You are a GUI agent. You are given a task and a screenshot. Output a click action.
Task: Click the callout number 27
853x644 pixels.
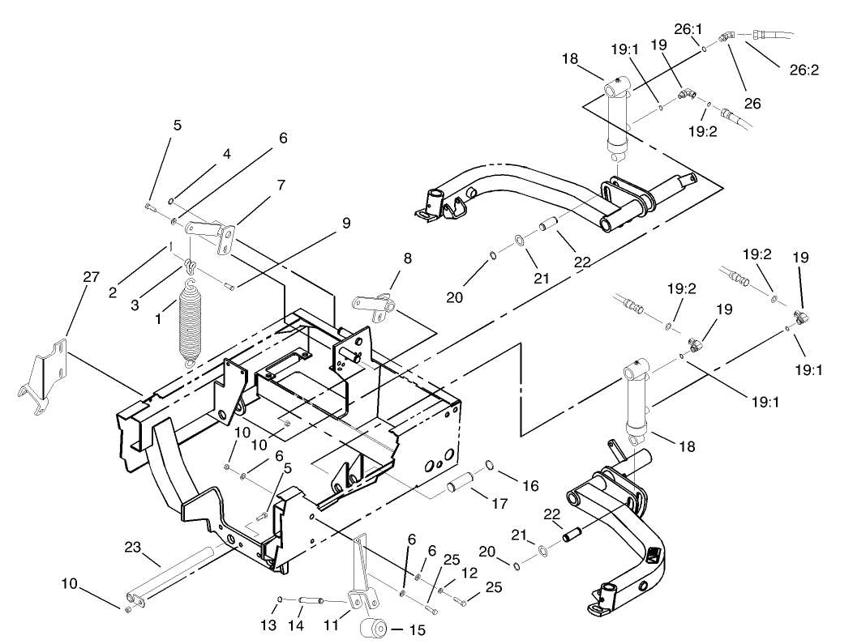click(91, 277)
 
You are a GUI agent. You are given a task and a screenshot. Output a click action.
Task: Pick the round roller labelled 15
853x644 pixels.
click(375, 629)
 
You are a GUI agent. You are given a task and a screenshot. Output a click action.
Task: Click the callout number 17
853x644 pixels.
click(499, 503)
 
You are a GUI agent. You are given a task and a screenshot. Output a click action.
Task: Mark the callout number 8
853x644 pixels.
click(407, 258)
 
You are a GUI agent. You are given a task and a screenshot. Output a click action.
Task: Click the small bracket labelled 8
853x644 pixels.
click(374, 307)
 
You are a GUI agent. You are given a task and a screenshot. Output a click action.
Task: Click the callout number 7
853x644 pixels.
click(281, 185)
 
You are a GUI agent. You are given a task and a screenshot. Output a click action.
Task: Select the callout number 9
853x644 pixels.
click(346, 223)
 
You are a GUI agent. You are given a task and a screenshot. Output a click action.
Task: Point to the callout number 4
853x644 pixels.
click(227, 153)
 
